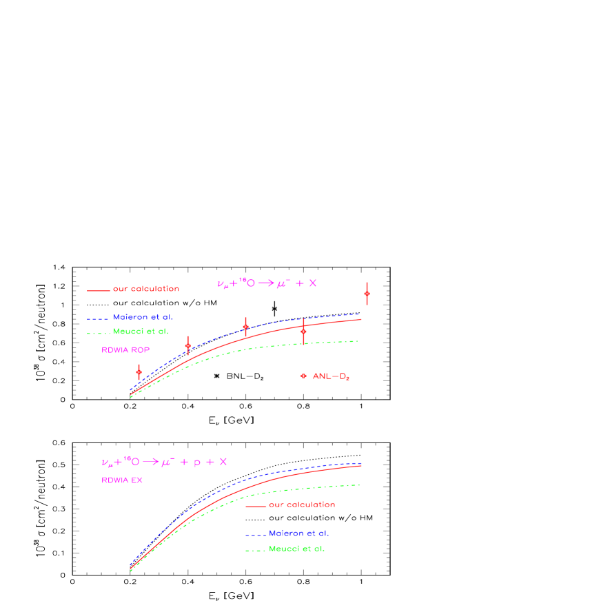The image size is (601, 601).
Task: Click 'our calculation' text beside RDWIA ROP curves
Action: point(146,289)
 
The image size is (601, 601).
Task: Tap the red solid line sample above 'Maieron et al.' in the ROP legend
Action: point(99,290)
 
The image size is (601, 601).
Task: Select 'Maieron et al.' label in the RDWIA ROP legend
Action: point(143,317)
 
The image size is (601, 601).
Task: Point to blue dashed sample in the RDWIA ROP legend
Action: point(98,318)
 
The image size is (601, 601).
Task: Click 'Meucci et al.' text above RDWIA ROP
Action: point(141,332)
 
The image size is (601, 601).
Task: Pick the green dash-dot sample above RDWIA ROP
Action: point(98,333)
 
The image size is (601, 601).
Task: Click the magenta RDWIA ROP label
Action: point(125,350)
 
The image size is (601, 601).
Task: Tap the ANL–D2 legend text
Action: point(331,376)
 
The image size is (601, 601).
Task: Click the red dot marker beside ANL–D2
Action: point(303,376)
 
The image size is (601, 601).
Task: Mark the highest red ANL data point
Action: point(367,294)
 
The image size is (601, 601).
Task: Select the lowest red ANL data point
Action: point(139,372)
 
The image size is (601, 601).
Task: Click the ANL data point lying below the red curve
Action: point(303,332)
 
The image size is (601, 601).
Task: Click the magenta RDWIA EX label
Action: point(122,480)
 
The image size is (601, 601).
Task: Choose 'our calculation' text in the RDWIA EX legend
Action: point(302,505)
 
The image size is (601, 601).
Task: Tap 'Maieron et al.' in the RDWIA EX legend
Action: point(298,533)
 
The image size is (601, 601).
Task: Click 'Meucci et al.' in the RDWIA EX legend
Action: point(296,549)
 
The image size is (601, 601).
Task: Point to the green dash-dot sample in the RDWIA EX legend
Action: point(255,549)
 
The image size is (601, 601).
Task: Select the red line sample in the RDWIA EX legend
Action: point(256,506)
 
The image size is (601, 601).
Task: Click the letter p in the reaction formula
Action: point(196,462)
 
